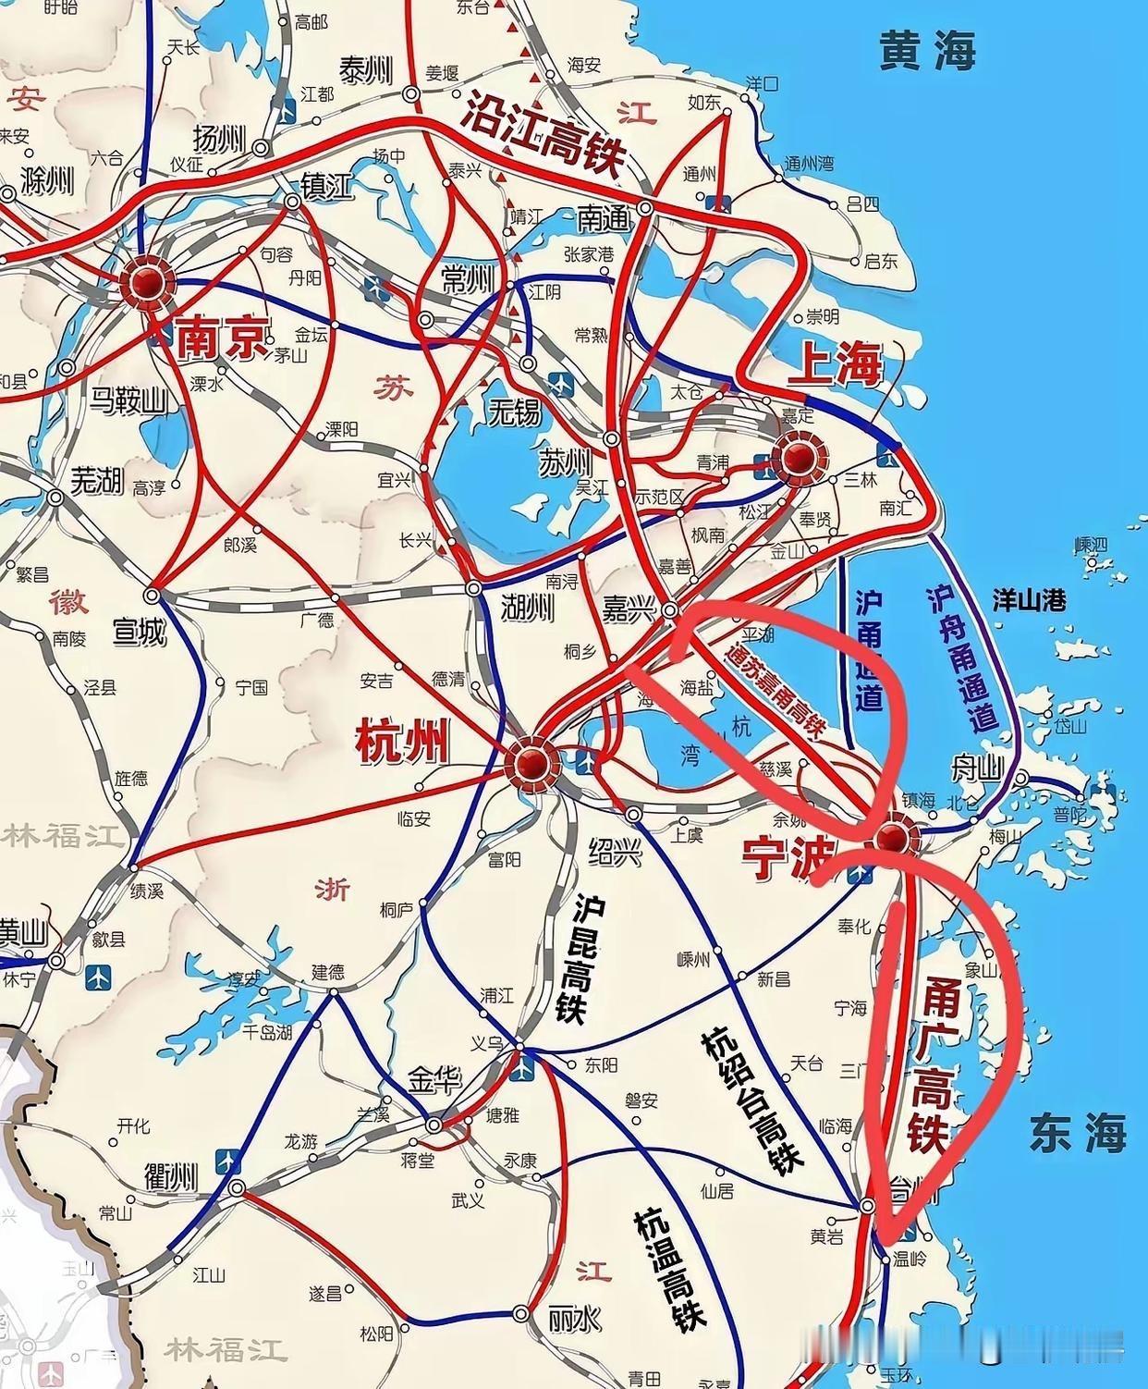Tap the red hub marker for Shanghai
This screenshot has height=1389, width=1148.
799,457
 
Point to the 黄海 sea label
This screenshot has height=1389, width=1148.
926,50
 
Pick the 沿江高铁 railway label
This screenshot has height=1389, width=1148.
543,132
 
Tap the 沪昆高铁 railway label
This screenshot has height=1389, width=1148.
574,957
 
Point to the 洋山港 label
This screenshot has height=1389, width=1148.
1028,601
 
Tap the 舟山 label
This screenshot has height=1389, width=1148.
978,768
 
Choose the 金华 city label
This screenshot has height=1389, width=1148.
434,1080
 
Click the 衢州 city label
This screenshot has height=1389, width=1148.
171,1177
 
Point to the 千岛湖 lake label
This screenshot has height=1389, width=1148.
266,1031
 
